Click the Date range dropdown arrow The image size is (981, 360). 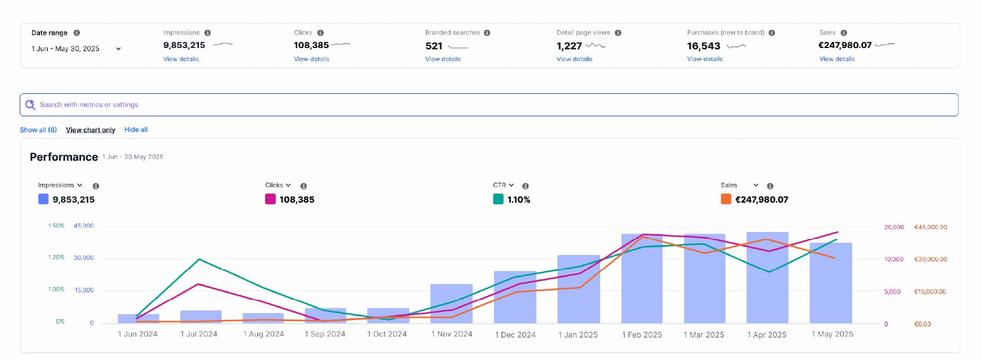pyautogui.click(x=118, y=49)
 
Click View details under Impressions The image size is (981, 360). pyautogui.click(x=181, y=59)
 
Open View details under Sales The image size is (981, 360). pyautogui.click(x=837, y=59)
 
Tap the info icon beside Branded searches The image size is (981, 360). pyautogui.click(x=487, y=33)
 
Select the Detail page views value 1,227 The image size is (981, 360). pyautogui.click(x=569, y=46)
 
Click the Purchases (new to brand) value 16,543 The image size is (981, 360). pyautogui.click(x=704, y=46)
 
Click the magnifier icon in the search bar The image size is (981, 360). pyautogui.click(x=30, y=105)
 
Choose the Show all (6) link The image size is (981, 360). pyautogui.click(x=38, y=130)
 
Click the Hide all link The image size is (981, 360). pyautogui.click(x=136, y=130)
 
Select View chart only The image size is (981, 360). pyautogui.click(x=91, y=130)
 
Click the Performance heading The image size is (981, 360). pyautogui.click(x=64, y=157)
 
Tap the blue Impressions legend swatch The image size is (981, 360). pyautogui.click(x=43, y=199)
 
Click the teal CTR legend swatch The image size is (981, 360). pyautogui.click(x=498, y=199)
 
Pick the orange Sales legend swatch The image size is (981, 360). pyautogui.click(x=726, y=199)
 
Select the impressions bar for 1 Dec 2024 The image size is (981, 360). pyautogui.click(x=515, y=297)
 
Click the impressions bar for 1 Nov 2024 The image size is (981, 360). pyautogui.click(x=451, y=303)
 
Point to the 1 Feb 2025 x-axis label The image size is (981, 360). pyautogui.click(x=642, y=334)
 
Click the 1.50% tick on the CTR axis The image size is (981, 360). pyautogui.click(x=56, y=226)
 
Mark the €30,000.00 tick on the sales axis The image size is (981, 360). pyautogui.click(x=931, y=259)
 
